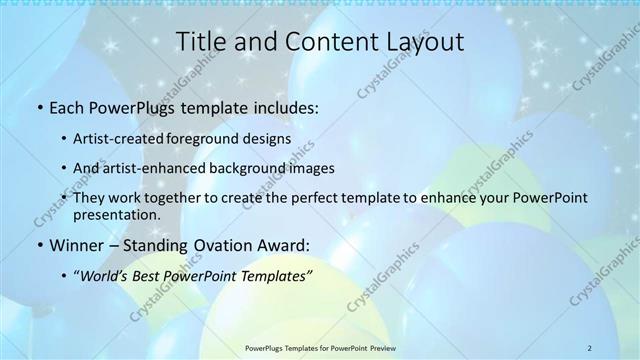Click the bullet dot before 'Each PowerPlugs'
[x=39, y=106]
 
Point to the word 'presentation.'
[x=114, y=214]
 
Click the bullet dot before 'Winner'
[x=39, y=244]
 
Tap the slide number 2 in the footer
[x=589, y=347]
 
